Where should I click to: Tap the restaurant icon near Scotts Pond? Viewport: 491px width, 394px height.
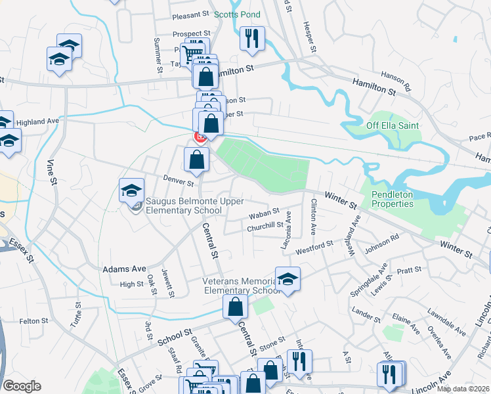coord(252,38)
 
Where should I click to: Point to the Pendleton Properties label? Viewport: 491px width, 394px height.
coord(393,199)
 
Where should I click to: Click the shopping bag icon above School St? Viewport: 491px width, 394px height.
coord(235,307)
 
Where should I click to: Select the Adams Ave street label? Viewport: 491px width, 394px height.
coord(124,269)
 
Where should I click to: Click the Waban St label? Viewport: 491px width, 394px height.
coord(264,214)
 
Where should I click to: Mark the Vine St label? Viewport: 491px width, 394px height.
coord(51,173)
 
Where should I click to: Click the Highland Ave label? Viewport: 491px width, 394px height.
coord(37,122)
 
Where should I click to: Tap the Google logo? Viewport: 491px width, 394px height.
coord(21,386)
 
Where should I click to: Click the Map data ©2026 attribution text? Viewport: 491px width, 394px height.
coord(463,389)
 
